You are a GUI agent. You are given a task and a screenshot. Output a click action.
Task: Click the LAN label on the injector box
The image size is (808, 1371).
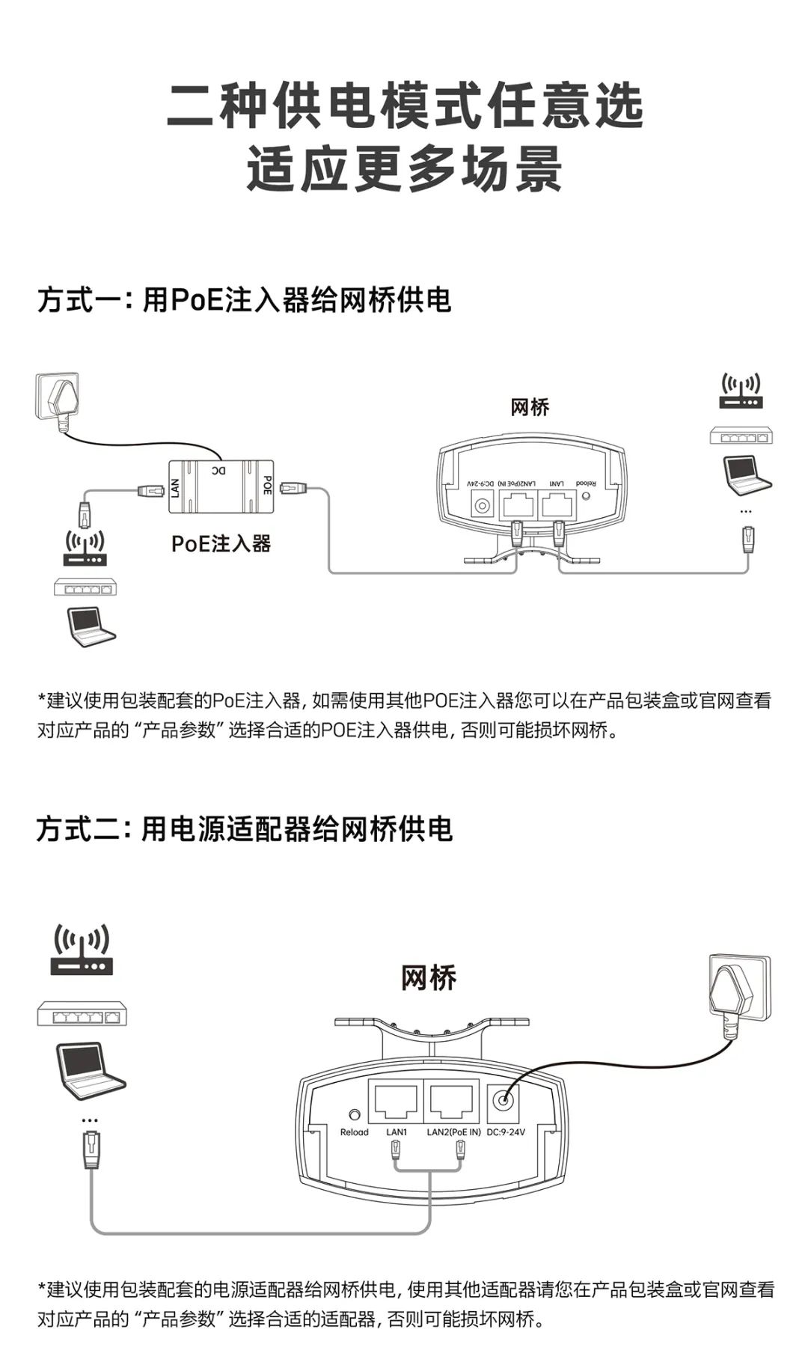coord(175,488)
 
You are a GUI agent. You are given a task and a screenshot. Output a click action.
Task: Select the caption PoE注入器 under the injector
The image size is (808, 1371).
coord(221,543)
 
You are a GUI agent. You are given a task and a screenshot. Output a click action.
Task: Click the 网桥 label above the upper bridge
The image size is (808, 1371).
coord(530,407)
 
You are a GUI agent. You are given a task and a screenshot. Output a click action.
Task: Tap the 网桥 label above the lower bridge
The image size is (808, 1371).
coord(428,978)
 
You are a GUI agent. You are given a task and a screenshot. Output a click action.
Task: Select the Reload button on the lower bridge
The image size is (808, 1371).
coord(355,1114)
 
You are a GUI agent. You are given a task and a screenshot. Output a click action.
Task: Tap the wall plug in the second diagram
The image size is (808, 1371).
coord(737,992)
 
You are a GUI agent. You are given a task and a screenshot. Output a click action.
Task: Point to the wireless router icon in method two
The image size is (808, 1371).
coord(82,950)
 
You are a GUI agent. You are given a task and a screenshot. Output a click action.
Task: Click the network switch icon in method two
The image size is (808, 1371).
coord(82,1016)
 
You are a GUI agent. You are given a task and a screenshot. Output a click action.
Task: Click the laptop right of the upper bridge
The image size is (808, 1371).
coord(745,473)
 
